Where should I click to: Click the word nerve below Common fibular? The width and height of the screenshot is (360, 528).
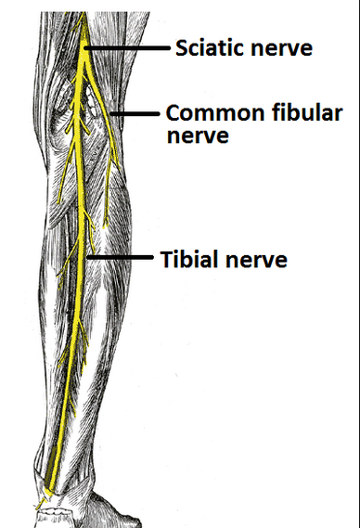(x=196, y=135)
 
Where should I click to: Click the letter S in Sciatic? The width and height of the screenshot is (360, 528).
(x=181, y=47)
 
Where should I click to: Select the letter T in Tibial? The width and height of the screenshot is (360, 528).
(x=162, y=259)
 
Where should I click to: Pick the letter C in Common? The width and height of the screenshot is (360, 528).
(x=174, y=114)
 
